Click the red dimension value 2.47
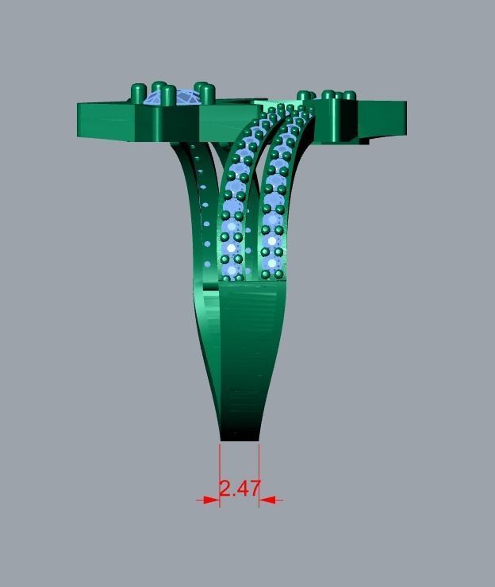click(240, 488)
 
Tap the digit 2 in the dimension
click(226, 488)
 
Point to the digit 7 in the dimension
click(253, 488)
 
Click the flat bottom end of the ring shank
click(240, 437)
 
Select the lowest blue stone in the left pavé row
click(232, 270)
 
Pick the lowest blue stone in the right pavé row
click(272, 263)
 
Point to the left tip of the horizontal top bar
click(80, 119)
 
